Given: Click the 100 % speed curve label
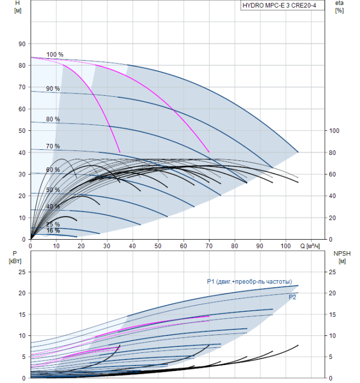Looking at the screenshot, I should (55, 55).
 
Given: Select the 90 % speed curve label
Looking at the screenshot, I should (53, 89).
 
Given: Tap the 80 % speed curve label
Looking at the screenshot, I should (53, 119).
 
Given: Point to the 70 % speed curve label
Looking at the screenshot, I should (53, 147).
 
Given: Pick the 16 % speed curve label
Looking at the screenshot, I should (53, 231).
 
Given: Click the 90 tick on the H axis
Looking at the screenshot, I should (22, 44).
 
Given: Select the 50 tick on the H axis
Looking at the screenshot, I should (22, 131).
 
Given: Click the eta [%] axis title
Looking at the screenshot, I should (339, 7).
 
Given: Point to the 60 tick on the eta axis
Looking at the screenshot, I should (333, 174).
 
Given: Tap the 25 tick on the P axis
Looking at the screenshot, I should (22, 272).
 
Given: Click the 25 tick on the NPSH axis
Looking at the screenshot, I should (333, 272).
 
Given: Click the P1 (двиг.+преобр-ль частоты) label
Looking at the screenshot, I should (253, 282).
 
